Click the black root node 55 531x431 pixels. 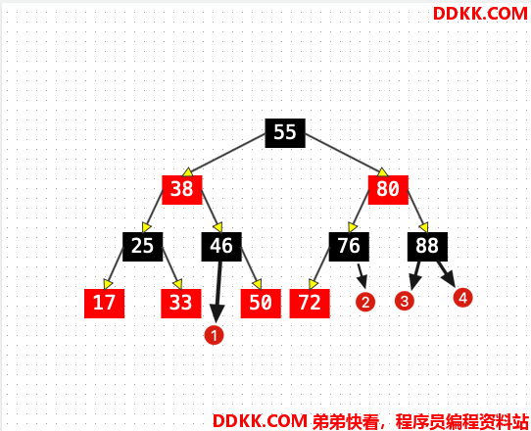[285, 133]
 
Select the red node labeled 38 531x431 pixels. [182, 190]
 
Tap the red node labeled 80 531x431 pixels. [388, 190]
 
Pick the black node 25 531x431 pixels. [143, 247]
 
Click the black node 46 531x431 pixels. [221, 247]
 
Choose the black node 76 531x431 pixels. [349, 247]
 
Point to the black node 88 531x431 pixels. [427, 247]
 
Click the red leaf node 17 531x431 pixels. [104, 304]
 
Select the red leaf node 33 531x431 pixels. [181, 304]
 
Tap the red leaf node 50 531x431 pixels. [261, 304]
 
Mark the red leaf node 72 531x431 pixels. [310, 304]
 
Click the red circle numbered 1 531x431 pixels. [214, 336]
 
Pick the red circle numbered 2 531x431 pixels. [365, 302]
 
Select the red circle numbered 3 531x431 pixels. [405, 301]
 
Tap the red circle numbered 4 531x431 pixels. [463, 298]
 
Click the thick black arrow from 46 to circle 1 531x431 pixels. [218, 292]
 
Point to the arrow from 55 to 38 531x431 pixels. [223, 155]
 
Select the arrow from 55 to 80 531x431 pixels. [347, 155]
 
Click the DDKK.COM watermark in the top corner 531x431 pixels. [480, 14]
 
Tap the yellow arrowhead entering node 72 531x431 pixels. [313, 284]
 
